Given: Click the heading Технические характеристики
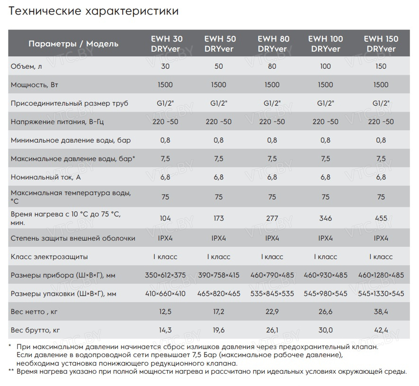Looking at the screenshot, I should [94, 11].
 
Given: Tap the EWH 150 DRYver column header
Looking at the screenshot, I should [381, 44].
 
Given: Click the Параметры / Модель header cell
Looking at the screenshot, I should [73, 44].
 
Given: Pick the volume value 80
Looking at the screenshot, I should [272, 66].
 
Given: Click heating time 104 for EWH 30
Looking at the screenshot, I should [165, 218].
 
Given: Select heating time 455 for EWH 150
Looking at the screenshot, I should [381, 218].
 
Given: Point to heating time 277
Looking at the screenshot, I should [272, 218].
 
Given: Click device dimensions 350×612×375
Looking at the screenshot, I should [165, 275].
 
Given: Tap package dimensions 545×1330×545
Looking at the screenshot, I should [381, 294].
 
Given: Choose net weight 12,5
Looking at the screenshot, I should [165, 312].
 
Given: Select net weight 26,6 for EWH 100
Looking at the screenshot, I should [325, 312].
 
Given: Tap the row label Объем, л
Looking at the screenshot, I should [27, 66].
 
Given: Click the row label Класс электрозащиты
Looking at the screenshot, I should [49, 257].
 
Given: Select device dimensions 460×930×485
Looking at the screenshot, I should [325, 275].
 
